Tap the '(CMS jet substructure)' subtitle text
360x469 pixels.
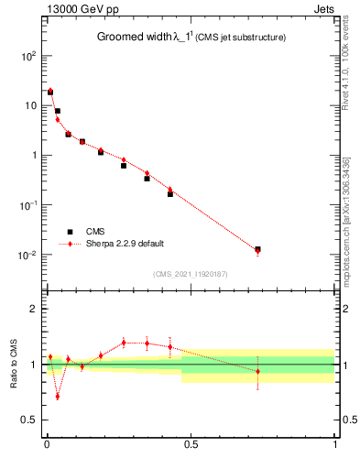coord(240,38)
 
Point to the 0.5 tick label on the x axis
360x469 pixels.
coord(191,444)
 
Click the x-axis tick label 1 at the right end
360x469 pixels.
coord(335,444)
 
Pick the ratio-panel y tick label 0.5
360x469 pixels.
coord(27,420)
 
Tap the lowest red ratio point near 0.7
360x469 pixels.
coord(57,397)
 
